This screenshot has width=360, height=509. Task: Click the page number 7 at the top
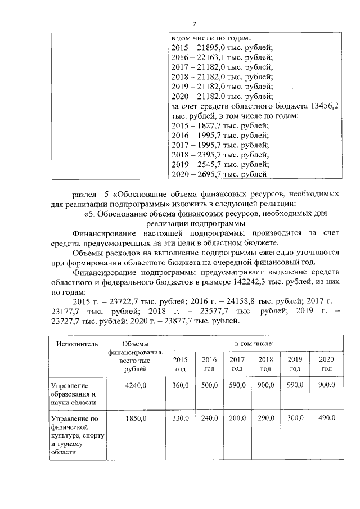tap(194, 24)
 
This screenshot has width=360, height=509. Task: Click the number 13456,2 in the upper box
tap(326, 106)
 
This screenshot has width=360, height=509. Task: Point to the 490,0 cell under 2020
tap(326, 418)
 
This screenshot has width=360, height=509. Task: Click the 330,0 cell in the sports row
tap(180, 418)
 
